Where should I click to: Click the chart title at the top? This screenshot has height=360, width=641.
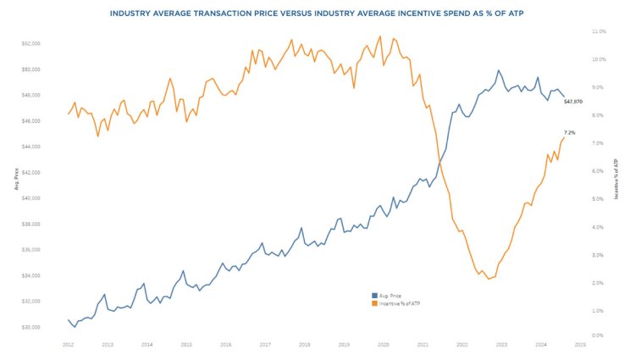(320, 14)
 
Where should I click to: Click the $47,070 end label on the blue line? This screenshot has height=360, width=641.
(573, 101)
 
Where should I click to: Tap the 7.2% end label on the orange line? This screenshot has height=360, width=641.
(569, 132)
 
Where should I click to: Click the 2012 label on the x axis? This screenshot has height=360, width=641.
(68, 345)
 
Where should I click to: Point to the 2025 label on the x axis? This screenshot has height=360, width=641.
(580, 345)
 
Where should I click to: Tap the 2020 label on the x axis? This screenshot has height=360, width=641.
(383, 345)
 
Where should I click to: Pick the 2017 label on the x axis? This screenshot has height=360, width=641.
(265, 345)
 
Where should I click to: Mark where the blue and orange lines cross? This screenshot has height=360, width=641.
(439, 160)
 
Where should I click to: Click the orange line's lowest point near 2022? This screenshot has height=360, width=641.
(489, 279)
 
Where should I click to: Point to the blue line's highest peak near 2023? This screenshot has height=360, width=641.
(499, 70)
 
